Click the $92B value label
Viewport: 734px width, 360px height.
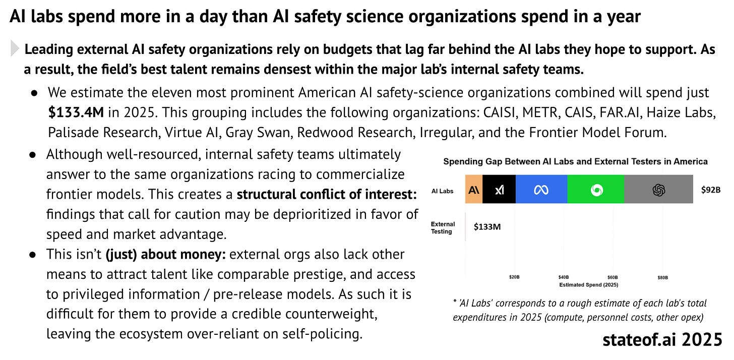tap(711, 190)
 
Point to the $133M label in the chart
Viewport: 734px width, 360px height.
tap(487, 227)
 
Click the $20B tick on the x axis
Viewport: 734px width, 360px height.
tap(514, 277)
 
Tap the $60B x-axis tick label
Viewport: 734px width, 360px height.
tap(613, 277)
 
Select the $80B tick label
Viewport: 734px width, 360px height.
tap(662, 277)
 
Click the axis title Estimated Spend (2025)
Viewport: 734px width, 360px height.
tap(589, 284)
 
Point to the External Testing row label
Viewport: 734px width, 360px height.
tap(442, 227)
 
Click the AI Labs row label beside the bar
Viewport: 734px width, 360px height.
tap(443, 191)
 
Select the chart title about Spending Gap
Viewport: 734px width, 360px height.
tap(575, 162)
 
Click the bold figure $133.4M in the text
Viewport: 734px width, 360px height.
tap(76, 112)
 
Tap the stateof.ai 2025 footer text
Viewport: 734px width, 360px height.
tap(662, 340)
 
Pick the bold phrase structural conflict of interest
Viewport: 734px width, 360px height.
tap(327, 194)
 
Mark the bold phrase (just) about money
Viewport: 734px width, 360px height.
tap(165, 254)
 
